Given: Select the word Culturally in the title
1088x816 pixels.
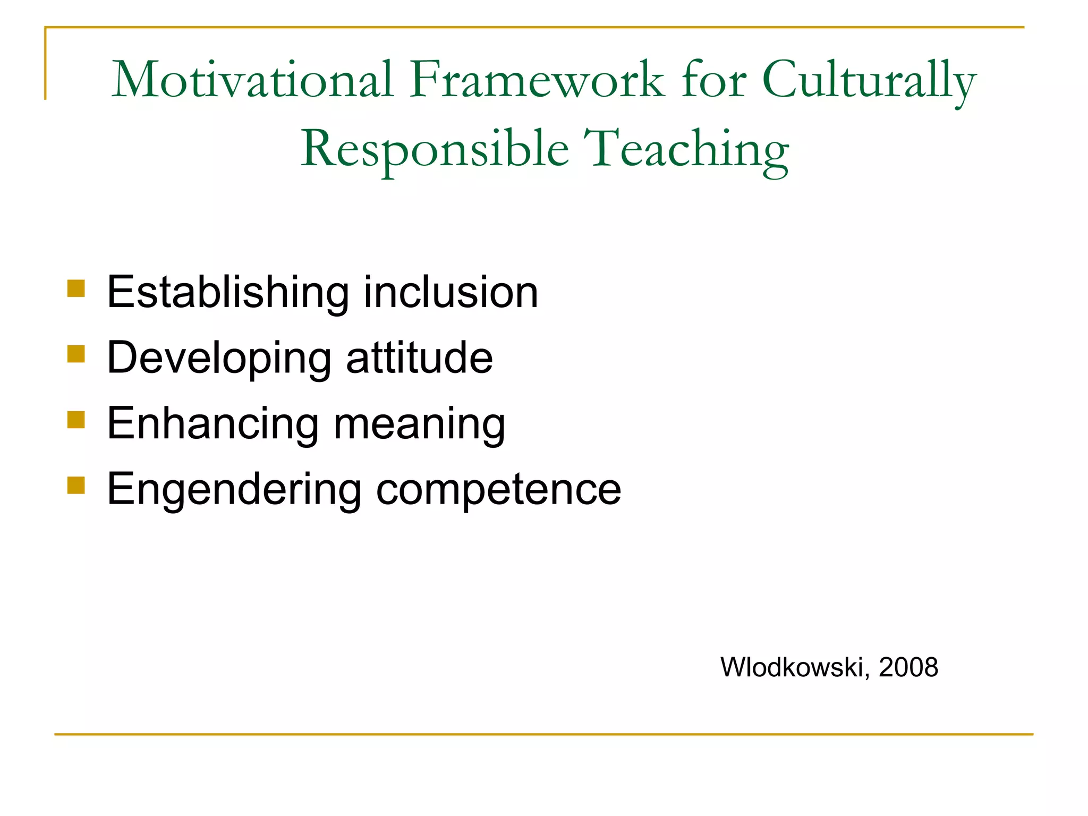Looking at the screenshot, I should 869,81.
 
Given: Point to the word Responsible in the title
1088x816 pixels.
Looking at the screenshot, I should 435,149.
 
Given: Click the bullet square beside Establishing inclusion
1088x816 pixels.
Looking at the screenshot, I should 76,288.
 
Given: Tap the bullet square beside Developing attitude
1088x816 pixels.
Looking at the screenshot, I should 76,354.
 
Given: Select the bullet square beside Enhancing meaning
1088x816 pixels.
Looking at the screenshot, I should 76,420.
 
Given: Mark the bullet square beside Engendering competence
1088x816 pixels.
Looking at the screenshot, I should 76,485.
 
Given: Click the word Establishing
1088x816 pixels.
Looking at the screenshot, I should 228,293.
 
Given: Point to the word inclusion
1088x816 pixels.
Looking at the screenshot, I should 451,293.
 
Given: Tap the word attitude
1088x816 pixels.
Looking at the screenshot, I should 420,358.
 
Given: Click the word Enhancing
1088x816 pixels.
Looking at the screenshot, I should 213,424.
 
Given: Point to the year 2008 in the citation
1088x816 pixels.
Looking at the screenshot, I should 908,668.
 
